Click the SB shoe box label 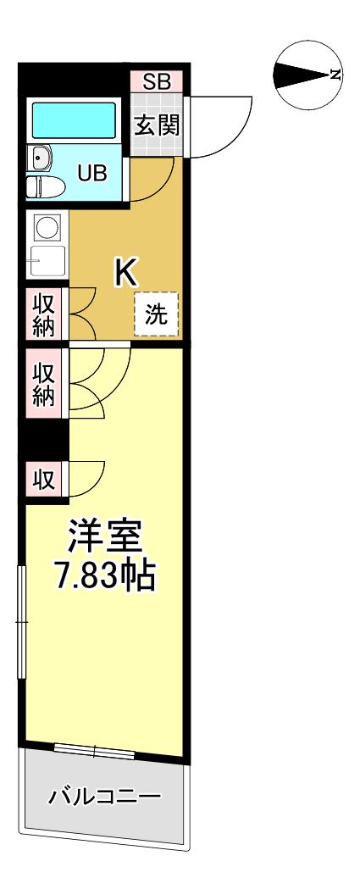pyautogui.click(x=156, y=82)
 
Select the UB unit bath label pyautogui.click(x=92, y=174)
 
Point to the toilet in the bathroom pyautogui.click(x=43, y=186)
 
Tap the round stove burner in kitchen pyautogui.click(x=47, y=226)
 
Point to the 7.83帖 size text pyautogui.click(x=106, y=578)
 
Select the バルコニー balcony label pyautogui.click(x=105, y=797)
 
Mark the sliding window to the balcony pyautogui.click(x=94, y=749)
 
